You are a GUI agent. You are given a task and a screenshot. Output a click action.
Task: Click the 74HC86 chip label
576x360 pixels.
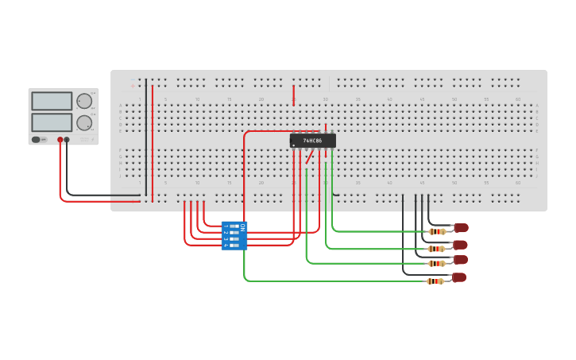pos(312,141)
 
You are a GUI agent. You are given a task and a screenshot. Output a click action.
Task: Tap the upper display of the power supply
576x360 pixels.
pos(52,101)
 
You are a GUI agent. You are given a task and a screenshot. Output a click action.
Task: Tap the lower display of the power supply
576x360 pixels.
pos(52,122)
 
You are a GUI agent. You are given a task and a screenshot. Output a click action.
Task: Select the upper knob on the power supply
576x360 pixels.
pos(83,101)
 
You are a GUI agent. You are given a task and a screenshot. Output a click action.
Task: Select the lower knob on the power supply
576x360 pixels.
pos(83,122)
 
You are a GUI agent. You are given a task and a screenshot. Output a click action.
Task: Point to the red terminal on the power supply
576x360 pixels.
pos(60,140)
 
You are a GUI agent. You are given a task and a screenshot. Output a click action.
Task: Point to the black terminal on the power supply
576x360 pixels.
pos(67,140)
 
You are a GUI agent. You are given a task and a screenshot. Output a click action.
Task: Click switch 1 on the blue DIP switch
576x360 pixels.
pos(234,226)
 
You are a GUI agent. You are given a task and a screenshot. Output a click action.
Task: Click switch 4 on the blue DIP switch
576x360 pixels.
pos(234,246)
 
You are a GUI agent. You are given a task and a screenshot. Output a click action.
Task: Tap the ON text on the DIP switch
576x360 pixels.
pos(243,227)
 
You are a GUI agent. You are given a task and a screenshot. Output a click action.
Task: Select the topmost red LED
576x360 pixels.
pos(461,228)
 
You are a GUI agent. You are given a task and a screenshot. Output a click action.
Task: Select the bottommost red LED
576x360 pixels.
pos(458,277)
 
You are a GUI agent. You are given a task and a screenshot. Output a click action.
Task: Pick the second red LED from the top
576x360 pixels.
pos(460,245)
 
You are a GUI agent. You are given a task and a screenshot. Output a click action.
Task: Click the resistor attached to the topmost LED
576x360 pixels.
pos(436,232)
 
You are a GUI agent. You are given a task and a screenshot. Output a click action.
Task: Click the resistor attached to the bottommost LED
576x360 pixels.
pos(435,281)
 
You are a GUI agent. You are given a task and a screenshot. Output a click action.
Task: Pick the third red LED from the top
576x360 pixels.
pos(460,260)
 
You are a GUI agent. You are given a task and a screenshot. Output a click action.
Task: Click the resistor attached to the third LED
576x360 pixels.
pos(436,263)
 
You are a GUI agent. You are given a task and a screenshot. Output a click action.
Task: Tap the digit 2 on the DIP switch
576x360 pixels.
pos(226,233)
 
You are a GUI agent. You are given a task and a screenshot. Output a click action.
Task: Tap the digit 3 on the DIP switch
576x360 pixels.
pos(226,239)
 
